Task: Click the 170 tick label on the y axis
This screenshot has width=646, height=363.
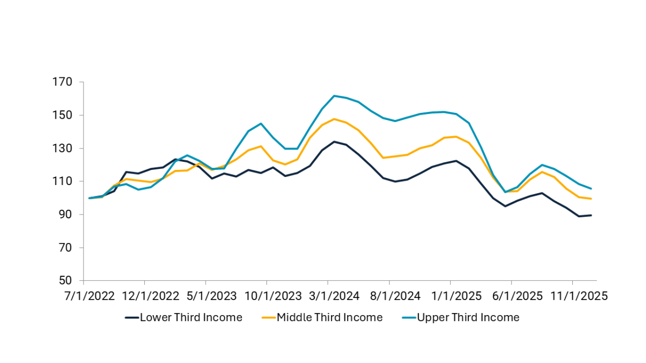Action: click(x=62, y=82)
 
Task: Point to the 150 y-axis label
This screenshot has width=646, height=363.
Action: click(x=62, y=115)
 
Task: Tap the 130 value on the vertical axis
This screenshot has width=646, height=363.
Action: click(x=62, y=148)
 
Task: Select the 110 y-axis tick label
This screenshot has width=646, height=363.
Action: click(x=62, y=182)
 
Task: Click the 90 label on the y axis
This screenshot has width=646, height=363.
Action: click(x=65, y=215)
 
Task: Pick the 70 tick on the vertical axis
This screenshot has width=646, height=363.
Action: click(x=65, y=248)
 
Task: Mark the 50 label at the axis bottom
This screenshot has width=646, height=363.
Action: click(x=65, y=281)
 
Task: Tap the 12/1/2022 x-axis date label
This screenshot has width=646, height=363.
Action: click(x=144, y=296)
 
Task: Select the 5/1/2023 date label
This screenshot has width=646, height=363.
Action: click(x=206, y=296)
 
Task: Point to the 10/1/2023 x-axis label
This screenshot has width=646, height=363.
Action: click(x=266, y=296)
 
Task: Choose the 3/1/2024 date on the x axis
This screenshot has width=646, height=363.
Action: click(x=328, y=296)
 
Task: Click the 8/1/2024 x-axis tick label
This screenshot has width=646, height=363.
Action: click(x=389, y=296)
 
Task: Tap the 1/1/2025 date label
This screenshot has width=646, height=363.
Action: click(x=450, y=296)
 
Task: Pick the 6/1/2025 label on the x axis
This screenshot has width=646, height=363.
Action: click(x=511, y=296)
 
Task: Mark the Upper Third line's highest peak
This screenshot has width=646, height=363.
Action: click(x=334, y=96)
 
